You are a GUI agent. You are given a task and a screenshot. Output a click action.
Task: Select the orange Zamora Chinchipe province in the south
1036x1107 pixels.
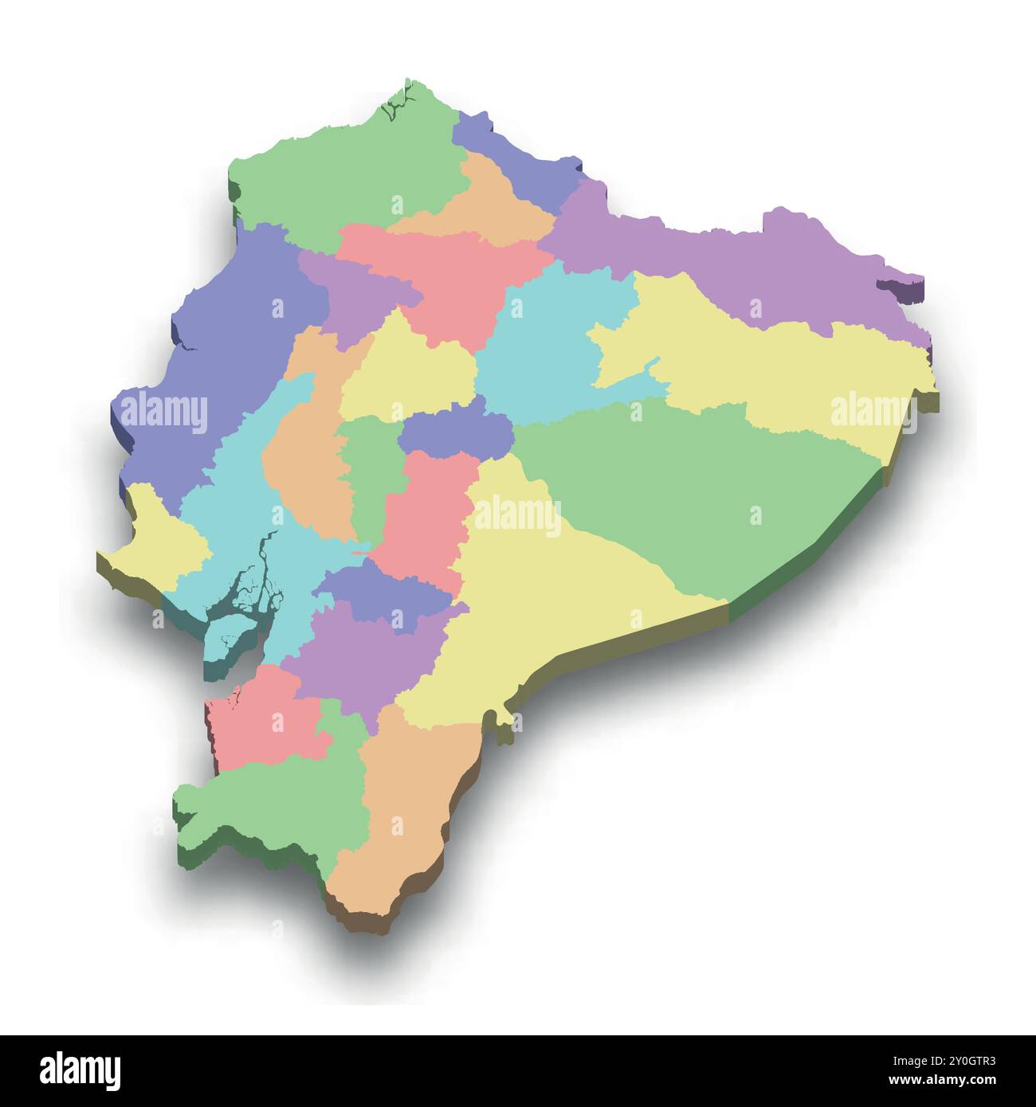coord(406,812)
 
